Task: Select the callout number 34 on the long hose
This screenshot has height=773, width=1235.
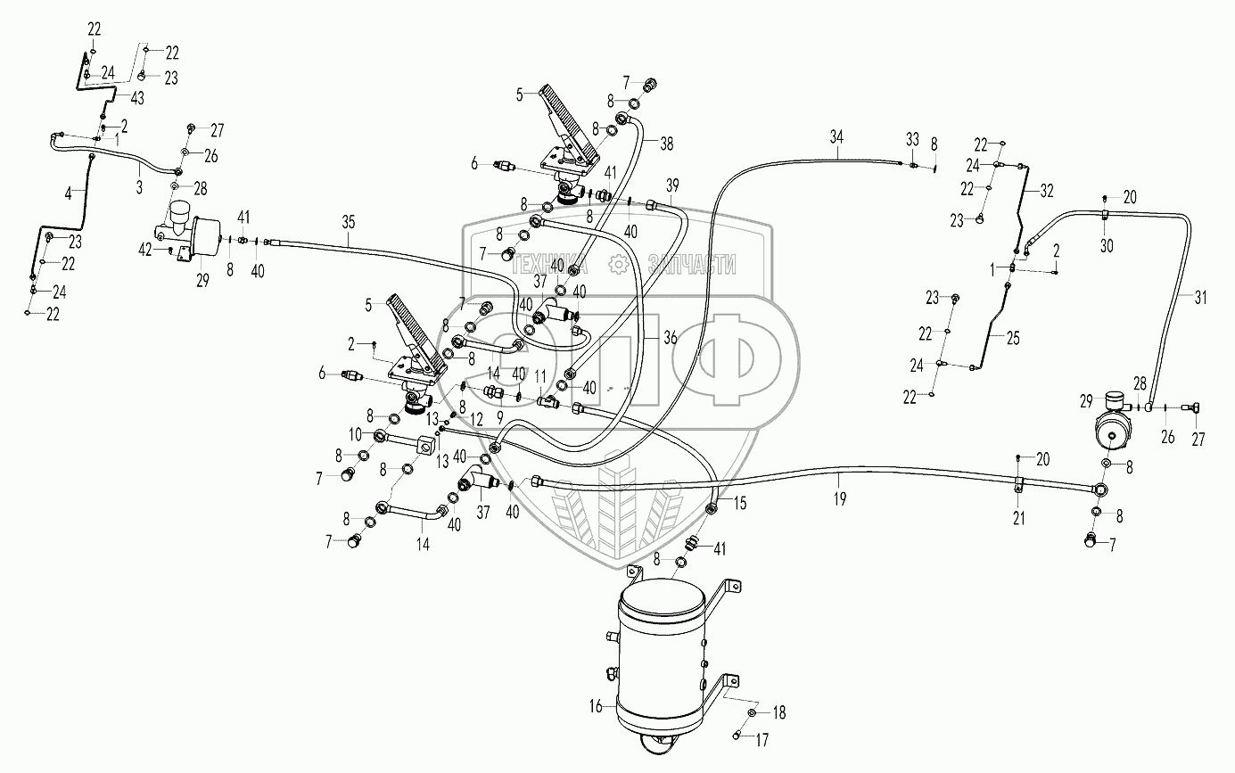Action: (836, 136)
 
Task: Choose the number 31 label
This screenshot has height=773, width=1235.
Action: (1199, 299)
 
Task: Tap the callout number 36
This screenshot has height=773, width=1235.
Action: (671, 337)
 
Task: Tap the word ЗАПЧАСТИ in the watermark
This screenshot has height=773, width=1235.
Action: (693, 263)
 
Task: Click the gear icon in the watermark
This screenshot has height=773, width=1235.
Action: (616, 263)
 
